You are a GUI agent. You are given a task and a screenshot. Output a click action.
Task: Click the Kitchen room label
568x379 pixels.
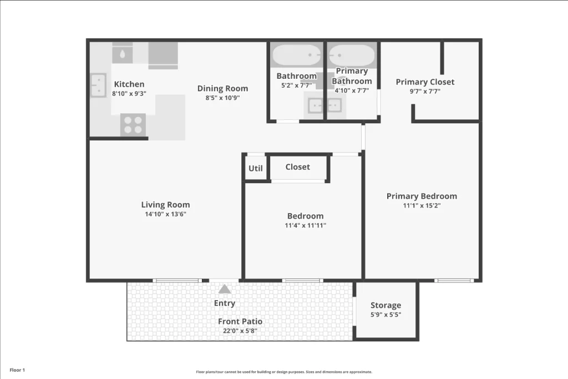(x=129, y=84)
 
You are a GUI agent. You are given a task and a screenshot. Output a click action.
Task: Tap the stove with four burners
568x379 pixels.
(x=133, y=125)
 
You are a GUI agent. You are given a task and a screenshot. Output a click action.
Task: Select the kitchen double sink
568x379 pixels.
(x=98, y=85)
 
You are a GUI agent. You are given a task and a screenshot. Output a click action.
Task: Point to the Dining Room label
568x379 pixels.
(x=222, y=88)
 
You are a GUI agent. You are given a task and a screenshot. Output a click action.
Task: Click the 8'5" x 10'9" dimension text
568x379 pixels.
(x=222, y=98)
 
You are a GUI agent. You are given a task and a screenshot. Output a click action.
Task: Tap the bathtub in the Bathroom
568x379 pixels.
(x=297, y=55)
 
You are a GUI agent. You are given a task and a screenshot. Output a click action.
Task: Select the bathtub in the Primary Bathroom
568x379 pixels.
(x=352, y=55)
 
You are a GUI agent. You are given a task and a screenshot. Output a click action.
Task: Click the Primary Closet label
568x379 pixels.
(x=425, y=82)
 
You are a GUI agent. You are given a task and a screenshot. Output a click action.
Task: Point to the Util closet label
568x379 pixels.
(x=256, y=168)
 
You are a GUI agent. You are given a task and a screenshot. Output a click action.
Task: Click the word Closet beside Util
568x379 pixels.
(x=298, y=167)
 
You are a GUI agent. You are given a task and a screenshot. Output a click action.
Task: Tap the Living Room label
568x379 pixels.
(x=165, y=205)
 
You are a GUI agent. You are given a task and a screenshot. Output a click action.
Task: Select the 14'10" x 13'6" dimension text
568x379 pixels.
(x=165, y=214)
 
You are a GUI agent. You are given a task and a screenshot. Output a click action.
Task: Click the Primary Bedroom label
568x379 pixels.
(x=422, y=196)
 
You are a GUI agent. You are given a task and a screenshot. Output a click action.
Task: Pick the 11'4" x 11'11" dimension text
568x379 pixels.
(x=305, y=225)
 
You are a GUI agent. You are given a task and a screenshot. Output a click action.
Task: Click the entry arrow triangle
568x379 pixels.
(x=225, y=289)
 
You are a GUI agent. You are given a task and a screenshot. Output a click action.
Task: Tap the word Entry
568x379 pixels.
(x=225, y=304)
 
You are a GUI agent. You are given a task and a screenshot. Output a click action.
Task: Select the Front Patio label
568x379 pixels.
(x=240, y=321)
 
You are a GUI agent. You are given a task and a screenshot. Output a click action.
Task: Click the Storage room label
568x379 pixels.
(x=386, y=305)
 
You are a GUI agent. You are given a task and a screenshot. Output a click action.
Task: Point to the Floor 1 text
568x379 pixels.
(x=17, y=370)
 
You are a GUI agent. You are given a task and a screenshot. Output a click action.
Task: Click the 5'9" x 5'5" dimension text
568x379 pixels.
(x=386, y=315)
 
